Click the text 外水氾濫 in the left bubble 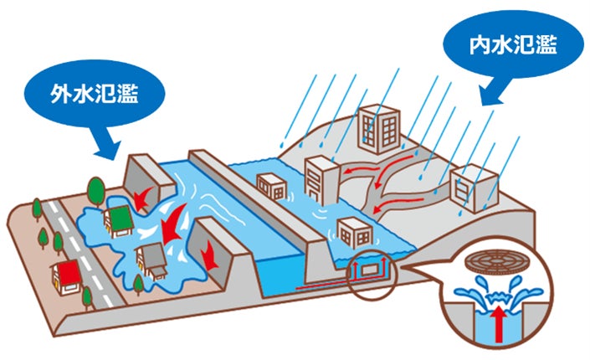point(95,93)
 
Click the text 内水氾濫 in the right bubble point(513,44)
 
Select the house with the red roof point(67,277)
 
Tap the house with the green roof point(118,222)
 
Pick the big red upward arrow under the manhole point(499,323)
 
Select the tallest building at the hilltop point(378,128)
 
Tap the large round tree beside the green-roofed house point(96,192)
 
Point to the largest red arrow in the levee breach point(172,225)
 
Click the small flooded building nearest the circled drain point(355,233)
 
